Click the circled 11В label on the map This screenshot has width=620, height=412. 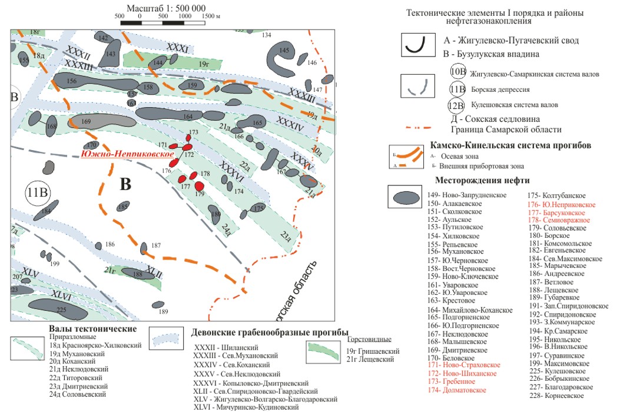pyautogui.click(x=38, y=194)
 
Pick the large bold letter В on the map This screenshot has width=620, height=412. pyautogui.click(x=125, y=184)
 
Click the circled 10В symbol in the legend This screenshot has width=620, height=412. pyautogui.click(x=457, y=72)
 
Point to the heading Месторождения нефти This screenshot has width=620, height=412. pyautogui.click(x=482, y=180)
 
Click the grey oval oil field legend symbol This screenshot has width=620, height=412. pyautogui.click(x=407, y=197)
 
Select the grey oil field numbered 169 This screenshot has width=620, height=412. pyautogui.click(x=89, y=122)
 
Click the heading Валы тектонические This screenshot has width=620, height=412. pyautogui.click(x=94, y=328)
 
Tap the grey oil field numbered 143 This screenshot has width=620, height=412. pyautogui.click(x=111, y=57)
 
